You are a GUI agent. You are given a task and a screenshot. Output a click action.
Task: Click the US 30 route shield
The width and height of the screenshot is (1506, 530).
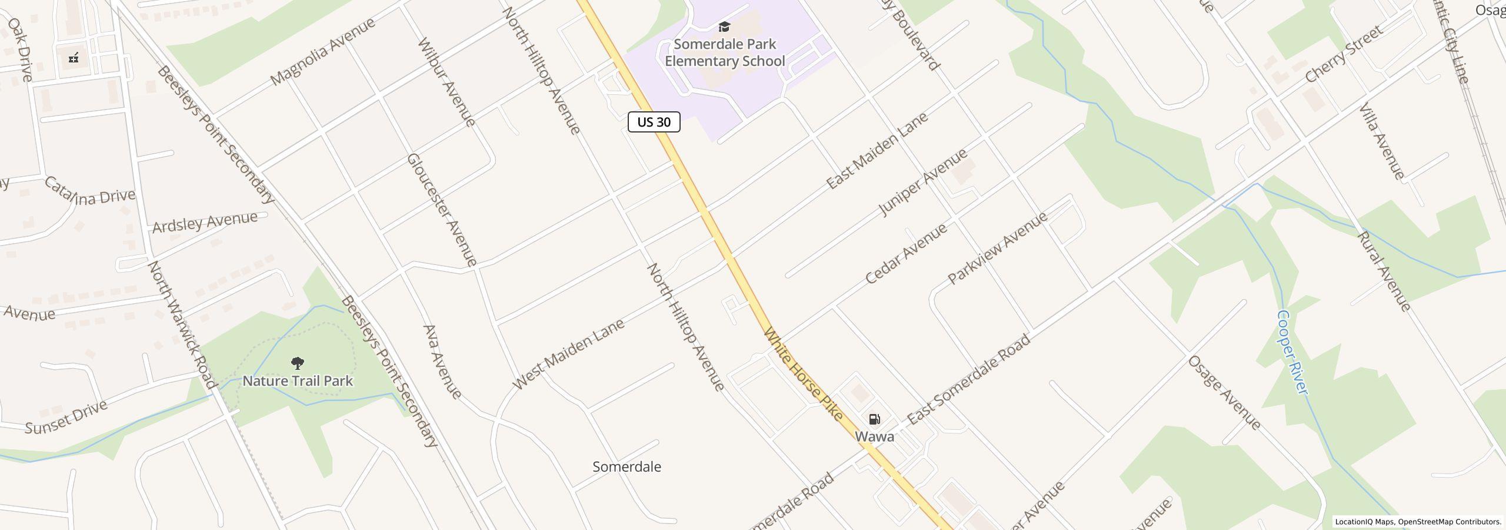point(654,122)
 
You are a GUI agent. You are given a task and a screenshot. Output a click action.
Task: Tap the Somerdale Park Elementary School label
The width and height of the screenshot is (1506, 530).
point(725,53)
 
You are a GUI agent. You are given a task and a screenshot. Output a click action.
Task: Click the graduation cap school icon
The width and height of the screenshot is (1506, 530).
point(724,27)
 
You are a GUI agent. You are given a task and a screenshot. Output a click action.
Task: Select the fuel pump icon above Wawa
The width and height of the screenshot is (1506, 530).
point(874,419)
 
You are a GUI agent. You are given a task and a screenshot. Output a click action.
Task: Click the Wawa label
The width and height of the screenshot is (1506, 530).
point(874,436)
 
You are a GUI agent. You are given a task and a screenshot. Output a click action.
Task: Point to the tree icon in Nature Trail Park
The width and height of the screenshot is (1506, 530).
point(298,363)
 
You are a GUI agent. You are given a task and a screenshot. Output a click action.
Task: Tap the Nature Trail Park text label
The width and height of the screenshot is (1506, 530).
point(298,381)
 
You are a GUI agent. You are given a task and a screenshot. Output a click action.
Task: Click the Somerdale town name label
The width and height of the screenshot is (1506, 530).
point(627,467)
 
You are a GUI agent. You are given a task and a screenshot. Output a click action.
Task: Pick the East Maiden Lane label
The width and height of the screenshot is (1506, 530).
point(877,151)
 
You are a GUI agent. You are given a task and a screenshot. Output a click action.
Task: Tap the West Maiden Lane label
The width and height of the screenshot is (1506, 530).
point(568,354)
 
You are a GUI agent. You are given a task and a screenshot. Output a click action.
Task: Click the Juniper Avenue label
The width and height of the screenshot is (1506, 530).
point(922,182)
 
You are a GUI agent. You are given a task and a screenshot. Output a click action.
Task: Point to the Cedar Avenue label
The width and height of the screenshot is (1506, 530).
point(906,254)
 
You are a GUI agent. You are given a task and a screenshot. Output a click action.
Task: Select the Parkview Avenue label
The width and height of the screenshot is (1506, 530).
point(997,248)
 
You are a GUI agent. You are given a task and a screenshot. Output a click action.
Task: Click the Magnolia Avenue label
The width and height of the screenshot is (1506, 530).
point(323,51)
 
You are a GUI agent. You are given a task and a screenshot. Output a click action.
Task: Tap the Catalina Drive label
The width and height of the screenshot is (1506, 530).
point(89,193)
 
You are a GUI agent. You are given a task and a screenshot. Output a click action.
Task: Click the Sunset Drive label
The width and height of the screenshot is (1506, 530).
point(66,417)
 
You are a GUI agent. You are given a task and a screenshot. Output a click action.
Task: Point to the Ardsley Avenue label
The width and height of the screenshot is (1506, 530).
point(205,221)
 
